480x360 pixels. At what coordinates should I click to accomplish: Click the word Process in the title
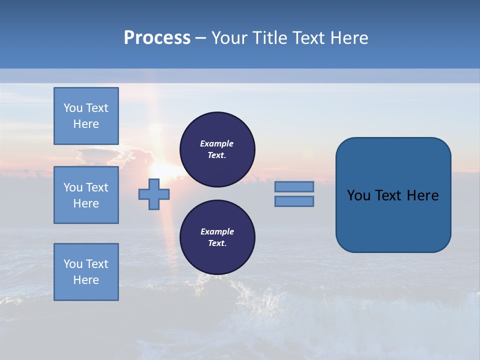point(157,38)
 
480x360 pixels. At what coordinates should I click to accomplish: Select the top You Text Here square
point(86,116)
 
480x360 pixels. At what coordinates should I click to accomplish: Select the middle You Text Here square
point(86,195)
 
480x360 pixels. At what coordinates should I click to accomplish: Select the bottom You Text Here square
point(86,272)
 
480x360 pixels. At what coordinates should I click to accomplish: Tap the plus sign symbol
point(154,194)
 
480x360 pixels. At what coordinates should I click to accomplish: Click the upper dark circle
point(217,149)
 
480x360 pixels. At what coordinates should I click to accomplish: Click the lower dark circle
point(217,237)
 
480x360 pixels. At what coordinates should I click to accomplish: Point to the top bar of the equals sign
point(294,186)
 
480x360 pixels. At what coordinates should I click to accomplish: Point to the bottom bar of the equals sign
point(294,201)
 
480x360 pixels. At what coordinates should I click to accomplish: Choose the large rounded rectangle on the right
point(393,195)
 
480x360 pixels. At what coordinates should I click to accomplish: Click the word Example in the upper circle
point(217,143)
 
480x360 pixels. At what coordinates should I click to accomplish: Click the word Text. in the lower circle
point(217,243)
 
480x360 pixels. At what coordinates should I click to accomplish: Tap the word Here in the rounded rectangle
point(422,195)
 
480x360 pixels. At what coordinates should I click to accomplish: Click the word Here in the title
point(349,38)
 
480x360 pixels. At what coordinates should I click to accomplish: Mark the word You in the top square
point(73,108)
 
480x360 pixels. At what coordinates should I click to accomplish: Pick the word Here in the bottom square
point(86,280)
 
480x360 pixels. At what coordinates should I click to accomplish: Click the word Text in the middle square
point(97,187)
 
